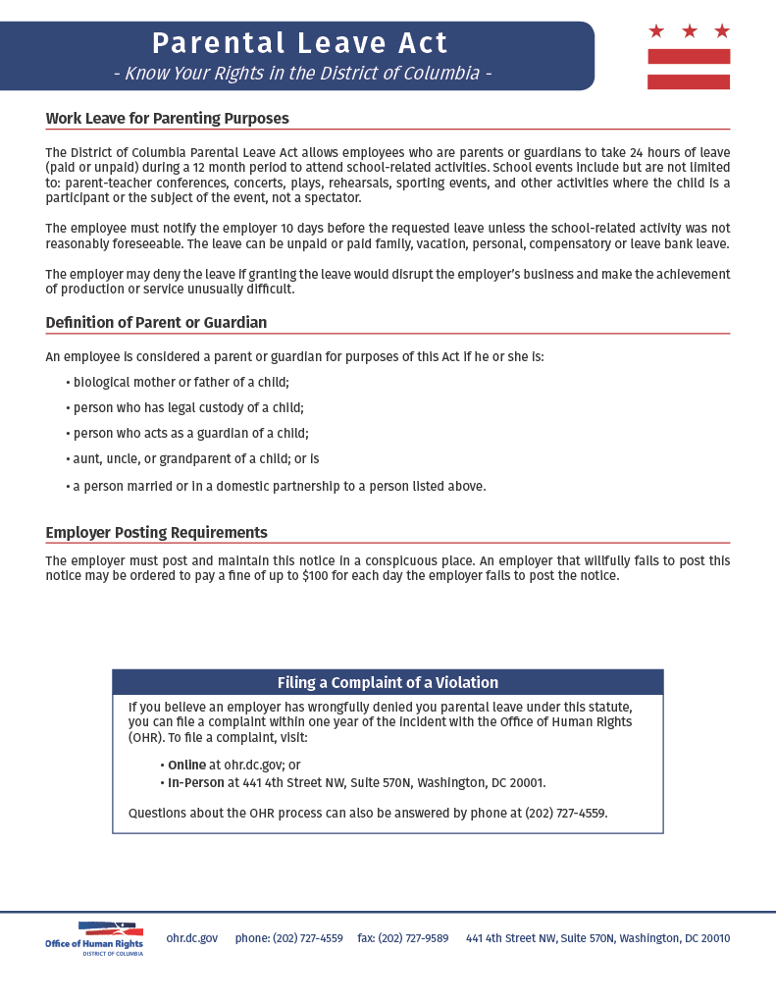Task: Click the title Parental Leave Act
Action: (x=299, y=43)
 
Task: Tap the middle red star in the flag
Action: (x=689, y=31)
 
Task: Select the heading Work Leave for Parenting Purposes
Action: (x=167, y=119)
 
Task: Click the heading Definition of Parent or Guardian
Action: (x=156, y=322)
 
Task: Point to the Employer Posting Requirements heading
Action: (x=156, y=533)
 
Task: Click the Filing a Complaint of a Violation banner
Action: (x=388, y=683)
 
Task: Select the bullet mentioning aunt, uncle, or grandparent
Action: (x=195, y=458)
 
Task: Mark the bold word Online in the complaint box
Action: (x=186, y=765)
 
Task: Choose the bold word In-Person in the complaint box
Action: (x=196, y=783)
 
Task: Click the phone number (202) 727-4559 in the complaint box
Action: (x=566, y=813)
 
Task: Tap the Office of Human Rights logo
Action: (x=94, y=938)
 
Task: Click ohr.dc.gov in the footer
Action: (x=192, y=938)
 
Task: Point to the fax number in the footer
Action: (x=403, y=938)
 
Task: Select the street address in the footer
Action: (x=597, y=938)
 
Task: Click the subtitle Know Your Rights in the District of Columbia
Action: (x=302, y=74)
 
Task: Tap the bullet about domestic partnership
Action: (x=279, y=486)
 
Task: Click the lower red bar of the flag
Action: (x=689, y=81)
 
